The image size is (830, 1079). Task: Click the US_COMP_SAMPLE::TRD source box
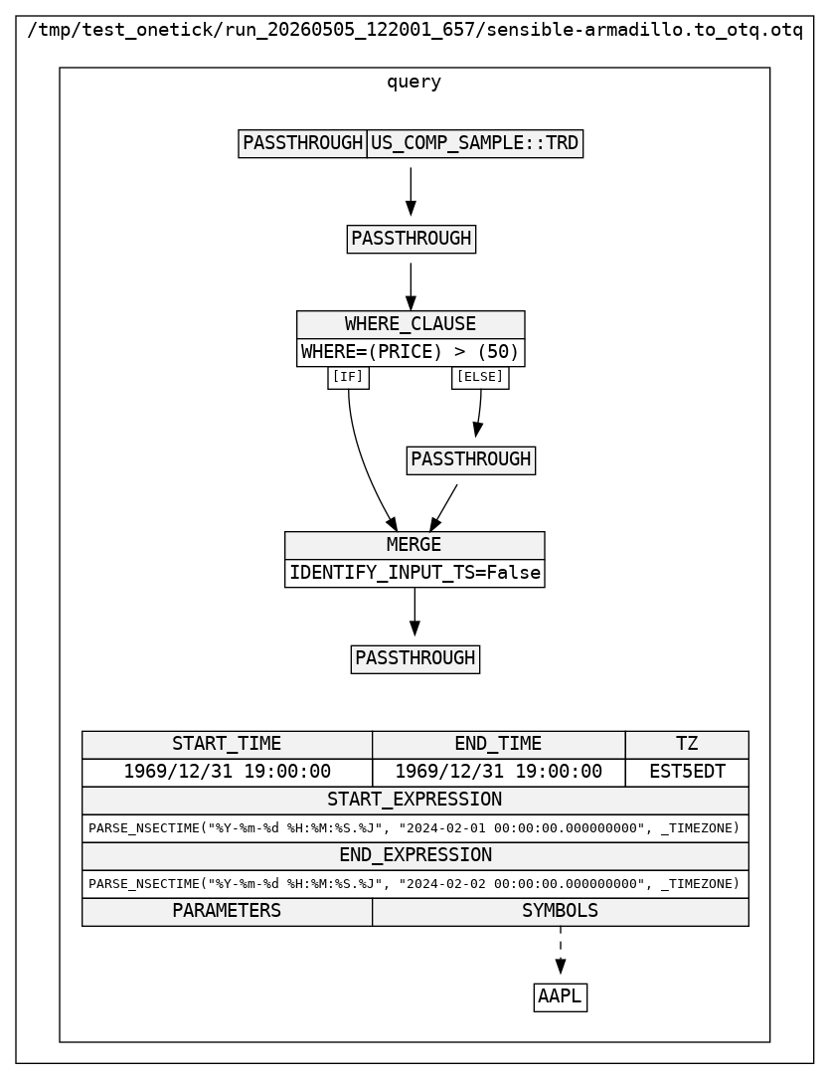pos(474,143)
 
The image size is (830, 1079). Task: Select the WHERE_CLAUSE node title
pos(411,324)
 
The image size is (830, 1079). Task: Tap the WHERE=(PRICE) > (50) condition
pos(411,352)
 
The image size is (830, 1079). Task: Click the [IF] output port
pos(348,377)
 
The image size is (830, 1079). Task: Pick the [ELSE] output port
pos(480,377)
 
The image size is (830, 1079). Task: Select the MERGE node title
pos(415,545)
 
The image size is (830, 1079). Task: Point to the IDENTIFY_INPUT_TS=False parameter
pos(415,573)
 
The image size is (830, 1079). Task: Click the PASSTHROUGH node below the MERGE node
pos(415,659)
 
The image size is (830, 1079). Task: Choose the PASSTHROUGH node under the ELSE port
pos(471,460)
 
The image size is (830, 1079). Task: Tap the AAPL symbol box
pos(561,997)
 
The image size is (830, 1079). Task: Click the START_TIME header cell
pos(227,745)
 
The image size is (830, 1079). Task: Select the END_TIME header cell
pos(499,745)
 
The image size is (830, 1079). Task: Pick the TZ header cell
pos(687,745)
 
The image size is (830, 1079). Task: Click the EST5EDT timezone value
pos(687,773)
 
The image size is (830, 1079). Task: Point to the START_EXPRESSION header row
pos(415,801)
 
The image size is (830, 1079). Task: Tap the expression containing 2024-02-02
pos(415,884)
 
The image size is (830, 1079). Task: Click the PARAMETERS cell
pos(227,912)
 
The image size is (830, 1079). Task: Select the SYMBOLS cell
pos(561,912)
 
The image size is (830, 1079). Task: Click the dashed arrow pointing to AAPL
pos(561,951)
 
